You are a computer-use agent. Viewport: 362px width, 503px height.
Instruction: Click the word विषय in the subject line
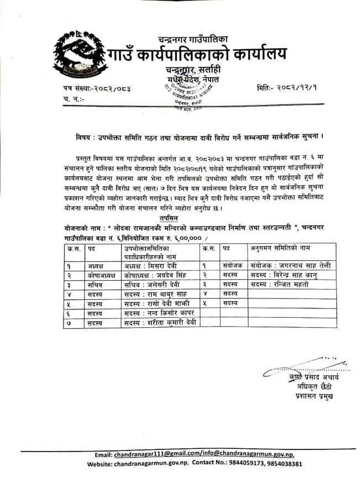tap(85, 135)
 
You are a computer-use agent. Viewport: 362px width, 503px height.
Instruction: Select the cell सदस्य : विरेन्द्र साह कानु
tap(287, 275)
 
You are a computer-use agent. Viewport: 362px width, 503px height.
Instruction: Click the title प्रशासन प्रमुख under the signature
tap(314, 396)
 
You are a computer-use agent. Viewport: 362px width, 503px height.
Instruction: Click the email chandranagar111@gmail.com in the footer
tap(149, 454)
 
